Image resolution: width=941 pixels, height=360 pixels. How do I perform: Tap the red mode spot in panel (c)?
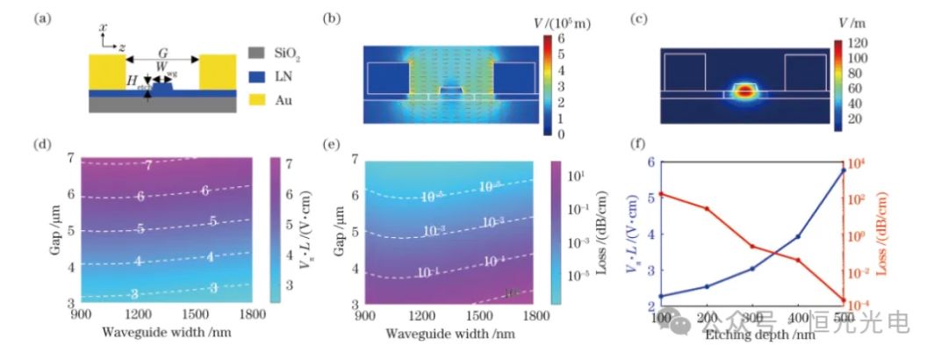(745, 90)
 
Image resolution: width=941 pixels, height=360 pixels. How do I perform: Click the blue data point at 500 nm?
(844, 169)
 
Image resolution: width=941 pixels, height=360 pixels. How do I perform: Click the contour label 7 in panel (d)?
(148, 165)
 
